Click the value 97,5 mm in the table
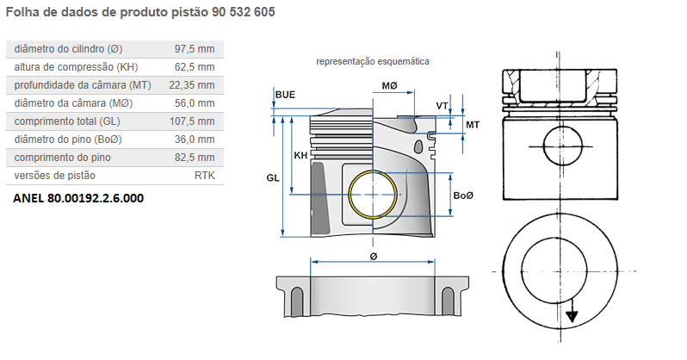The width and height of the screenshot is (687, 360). click(195, 48)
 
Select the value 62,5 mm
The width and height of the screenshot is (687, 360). click(195, 66)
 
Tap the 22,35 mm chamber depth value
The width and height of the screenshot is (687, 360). click(192, 84)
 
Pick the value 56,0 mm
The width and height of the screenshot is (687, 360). click(195, 102)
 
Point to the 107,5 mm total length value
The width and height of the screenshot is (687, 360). click(192, 121)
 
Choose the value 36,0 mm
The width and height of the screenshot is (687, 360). click(195, 139)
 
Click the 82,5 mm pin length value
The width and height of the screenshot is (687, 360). click(195, 157)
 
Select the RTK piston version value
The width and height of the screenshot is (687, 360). click(204, 175)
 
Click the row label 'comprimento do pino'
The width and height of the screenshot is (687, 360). click(63, 157)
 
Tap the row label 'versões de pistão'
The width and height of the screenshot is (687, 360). click(55, 175)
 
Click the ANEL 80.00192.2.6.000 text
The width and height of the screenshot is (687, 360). click(78, 197)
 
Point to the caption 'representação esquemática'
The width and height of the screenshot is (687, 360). click(373, 62)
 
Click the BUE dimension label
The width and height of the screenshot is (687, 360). click(285, 94)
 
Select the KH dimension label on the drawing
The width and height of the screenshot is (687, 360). click(300, 156)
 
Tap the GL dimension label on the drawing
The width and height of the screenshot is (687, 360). click(273, 177)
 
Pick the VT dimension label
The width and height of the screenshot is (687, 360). click(443, 106)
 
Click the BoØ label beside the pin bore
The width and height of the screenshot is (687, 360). click(464, 196)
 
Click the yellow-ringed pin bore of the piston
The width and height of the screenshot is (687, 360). click(374, 196)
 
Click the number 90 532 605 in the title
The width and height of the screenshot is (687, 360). click(234, 16)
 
